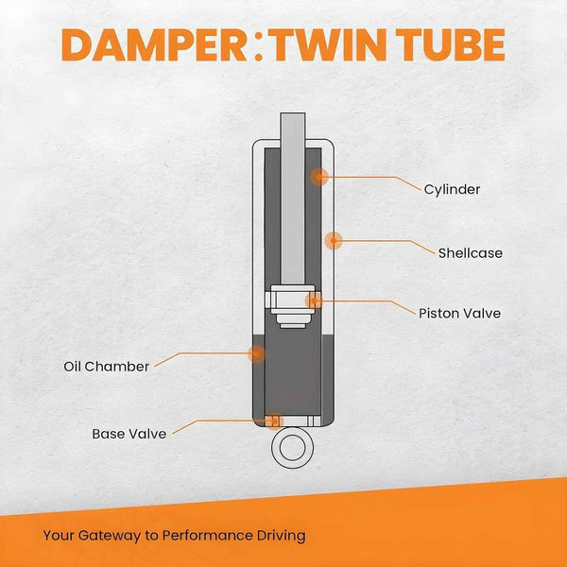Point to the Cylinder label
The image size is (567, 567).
click(x=452, y=189)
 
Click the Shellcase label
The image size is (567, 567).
click(x=470, y=252)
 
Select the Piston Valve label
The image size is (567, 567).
click(x=459, y=313)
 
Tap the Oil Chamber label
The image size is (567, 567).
click(x=107, y=366)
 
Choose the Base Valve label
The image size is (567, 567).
click(x=129, y=434)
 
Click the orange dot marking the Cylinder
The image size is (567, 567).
click(x=320, y=176)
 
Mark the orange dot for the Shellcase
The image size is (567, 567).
click(x=333, y=240)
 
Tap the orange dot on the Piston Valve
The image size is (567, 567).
click(x=314, y=301)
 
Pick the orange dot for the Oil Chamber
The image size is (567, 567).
click(x=255, y=353)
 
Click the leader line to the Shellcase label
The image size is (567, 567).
click(x=387, y=241)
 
